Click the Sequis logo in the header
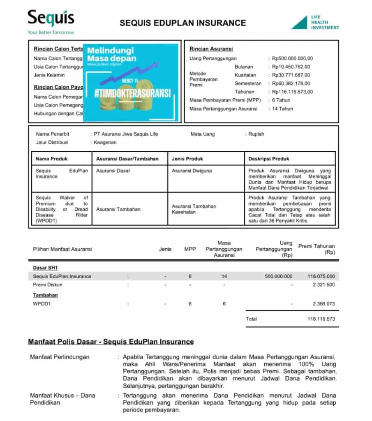pyautogui.click(x=51, y=19)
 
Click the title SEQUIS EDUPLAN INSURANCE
pyautogui.click(x=183, y=23)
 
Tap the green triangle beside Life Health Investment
pyautogui.click(x=300, y=23)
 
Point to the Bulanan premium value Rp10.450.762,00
pyautogui.click(x=291, y=67)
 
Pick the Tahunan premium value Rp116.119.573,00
pyautogui.click(x=292, y=92)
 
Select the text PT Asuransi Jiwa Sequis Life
pyautogui.click(x=125, y=134)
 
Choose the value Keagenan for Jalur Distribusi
pyautogui.click(x=105, y=142)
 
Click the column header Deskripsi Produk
pyautogui.click(x=269, y=159)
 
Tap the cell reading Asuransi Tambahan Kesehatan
pyautogui.click(x=194, y=209)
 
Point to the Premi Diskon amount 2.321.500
pyautogui.click(x=323, y=285)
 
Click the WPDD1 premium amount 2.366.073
pyautogui.click(x=323, y=304)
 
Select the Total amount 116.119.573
pyautogui.click(x=321, y=319)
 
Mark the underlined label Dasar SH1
pyautogui.click(x=45, y=268)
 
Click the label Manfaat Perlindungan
pyautogui.click(x=60, y=357)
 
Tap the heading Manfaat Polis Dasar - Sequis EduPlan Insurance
pyautogui.click(x=111, y=342)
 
